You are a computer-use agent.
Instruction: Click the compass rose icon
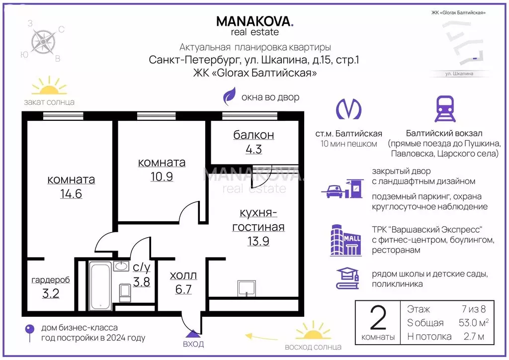(x=43, y=41)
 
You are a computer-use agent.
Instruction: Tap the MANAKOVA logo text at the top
(x=254, y=21)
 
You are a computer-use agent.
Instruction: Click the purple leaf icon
(x=229, y=97)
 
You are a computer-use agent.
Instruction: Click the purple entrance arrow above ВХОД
(x=191, y=324)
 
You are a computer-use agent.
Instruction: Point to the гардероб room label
(x=51, y=280)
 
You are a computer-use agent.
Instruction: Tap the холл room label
(x=183, y=275)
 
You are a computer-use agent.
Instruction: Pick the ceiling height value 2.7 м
(x=472, y=337)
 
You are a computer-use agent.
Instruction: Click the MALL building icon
(x=345, y=240)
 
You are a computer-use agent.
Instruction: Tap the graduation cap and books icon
(x=348, y=278)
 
